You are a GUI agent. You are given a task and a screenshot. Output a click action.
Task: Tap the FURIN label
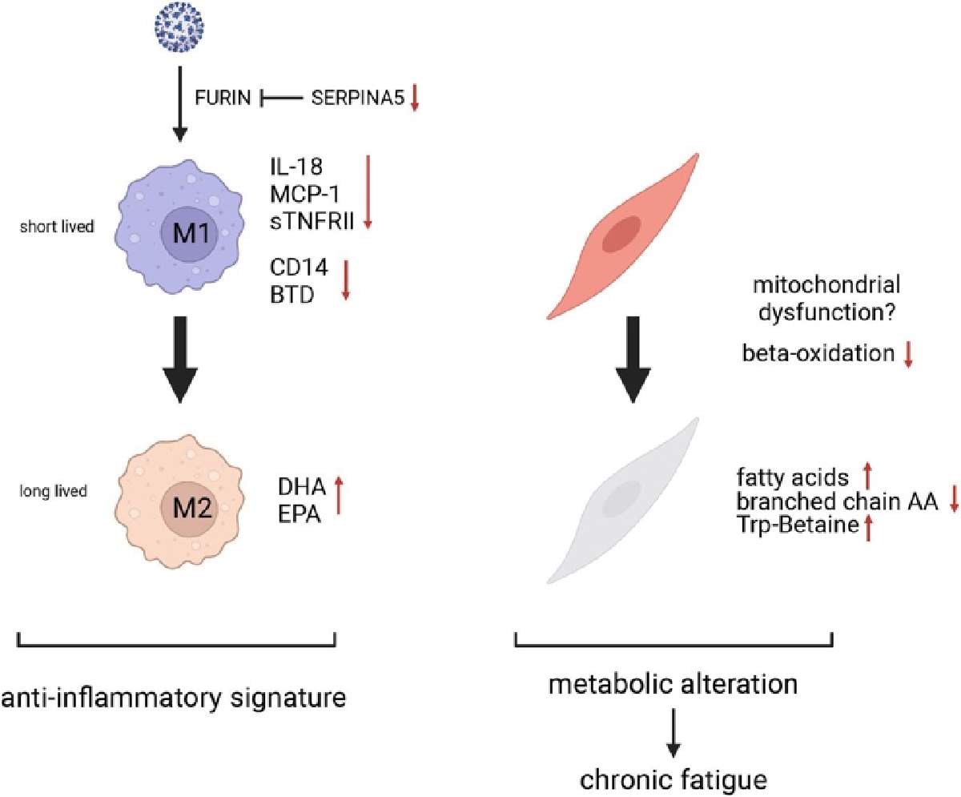223,98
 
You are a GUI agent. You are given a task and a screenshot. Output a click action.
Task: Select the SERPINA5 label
358,98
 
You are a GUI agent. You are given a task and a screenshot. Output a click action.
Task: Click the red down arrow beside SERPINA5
414,98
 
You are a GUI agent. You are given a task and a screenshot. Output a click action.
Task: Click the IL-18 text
296,167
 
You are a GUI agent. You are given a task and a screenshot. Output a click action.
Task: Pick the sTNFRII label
312,222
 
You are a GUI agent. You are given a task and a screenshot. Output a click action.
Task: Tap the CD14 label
300,267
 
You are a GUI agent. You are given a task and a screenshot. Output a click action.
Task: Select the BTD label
292,295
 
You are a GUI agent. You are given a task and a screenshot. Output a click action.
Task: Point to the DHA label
301,487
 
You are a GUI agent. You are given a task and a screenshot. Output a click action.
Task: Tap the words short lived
57,227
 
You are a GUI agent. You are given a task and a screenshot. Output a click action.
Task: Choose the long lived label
54,491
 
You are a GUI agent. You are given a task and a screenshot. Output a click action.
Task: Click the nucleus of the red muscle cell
621,234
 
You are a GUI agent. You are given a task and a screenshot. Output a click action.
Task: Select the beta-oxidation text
818,353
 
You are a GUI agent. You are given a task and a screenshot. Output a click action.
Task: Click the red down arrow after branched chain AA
954,499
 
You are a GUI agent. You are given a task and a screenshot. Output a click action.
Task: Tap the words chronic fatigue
673,780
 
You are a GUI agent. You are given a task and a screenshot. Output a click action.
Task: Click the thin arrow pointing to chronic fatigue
674,733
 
